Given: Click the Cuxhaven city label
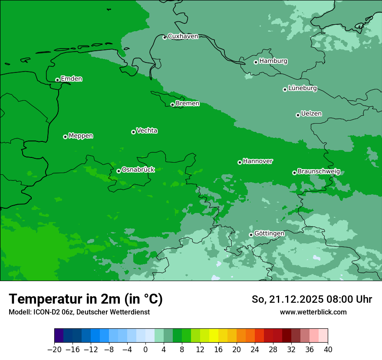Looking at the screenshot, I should pos(183,36).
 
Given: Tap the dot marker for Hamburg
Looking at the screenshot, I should pos(256,62).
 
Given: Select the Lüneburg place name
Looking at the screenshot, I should pos(302,88).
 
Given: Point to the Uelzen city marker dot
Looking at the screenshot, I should pos(298,115).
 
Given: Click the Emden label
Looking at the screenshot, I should pos(71,79).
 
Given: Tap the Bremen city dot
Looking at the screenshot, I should pos(172,105).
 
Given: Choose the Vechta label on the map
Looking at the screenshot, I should pos(147,131).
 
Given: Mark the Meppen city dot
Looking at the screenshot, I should pos(65,137).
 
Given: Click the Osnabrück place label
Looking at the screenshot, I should pos(138,170).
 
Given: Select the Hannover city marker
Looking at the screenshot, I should pos(240,162).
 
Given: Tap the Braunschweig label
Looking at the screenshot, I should pos(319,172).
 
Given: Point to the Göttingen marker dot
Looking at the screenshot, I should pos(251,235).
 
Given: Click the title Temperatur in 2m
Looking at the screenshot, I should pos(86,299).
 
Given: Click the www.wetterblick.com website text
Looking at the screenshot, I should pos(313,312).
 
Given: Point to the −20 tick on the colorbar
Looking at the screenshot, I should pos(55,350).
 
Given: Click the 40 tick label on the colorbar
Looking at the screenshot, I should pos(328,350).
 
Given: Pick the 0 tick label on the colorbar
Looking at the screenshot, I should pos(145,350).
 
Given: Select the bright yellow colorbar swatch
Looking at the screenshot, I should pos(214,336).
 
